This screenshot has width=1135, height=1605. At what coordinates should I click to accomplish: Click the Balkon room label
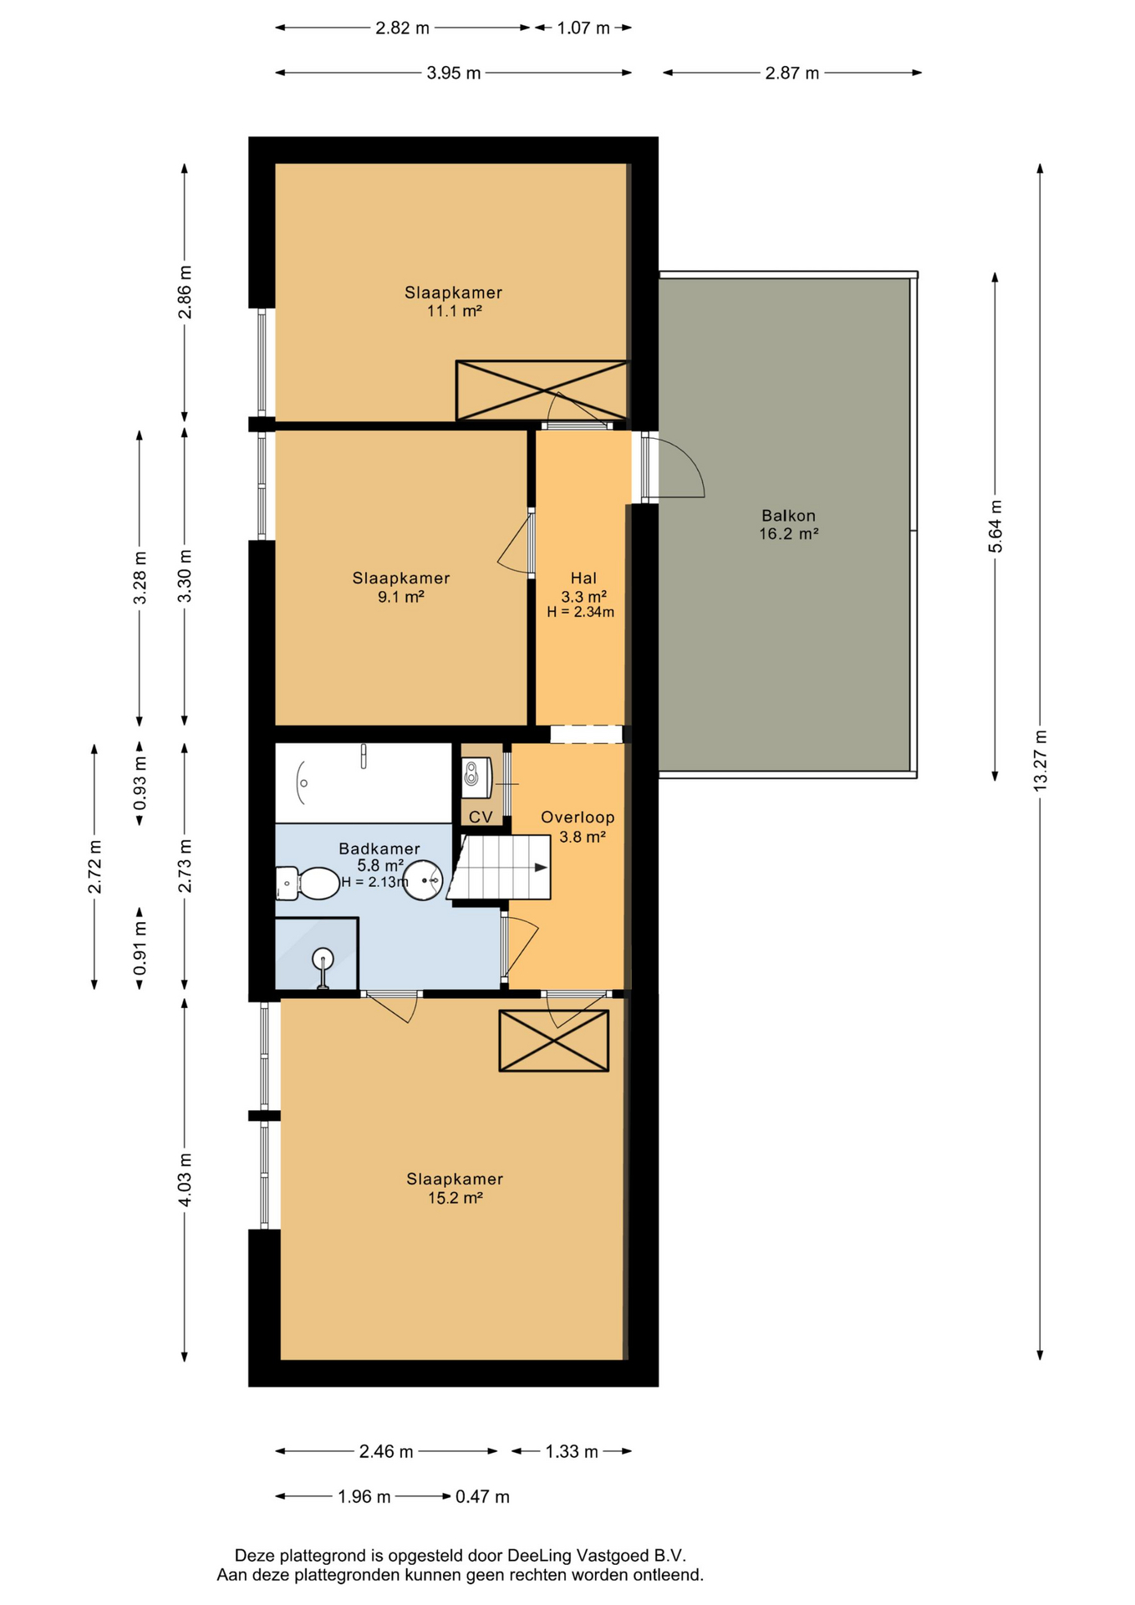pos(788,516)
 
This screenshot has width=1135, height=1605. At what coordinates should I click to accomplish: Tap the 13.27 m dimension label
pos(1041,760)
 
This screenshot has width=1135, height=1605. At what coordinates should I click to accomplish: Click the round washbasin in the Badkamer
pos(424,880)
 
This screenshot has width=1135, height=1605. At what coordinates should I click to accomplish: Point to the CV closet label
pos(481,817)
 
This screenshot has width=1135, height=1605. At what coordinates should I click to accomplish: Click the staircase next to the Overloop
pos(499,868)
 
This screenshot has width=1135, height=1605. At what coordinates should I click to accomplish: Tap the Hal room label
pos(583,578)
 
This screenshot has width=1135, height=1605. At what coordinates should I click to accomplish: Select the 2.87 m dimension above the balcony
pos(792,73)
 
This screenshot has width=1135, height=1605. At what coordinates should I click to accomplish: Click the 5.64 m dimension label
pos(995,526)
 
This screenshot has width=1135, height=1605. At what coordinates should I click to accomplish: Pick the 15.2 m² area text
pos(456,1198)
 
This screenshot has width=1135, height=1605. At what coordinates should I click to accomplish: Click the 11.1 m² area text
pos(455,311)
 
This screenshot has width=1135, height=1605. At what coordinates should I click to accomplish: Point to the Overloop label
pos(578,818)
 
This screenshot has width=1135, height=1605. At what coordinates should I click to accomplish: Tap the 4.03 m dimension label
pos(186,1179)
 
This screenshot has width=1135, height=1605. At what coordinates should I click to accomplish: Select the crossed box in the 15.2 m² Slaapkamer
pos(554,1041)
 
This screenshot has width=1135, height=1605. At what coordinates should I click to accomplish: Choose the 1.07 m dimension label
pos(584,28)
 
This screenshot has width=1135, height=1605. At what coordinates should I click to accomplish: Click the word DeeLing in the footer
pos(539,1556)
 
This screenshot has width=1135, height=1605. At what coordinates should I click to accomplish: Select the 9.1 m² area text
pos(401,597)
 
